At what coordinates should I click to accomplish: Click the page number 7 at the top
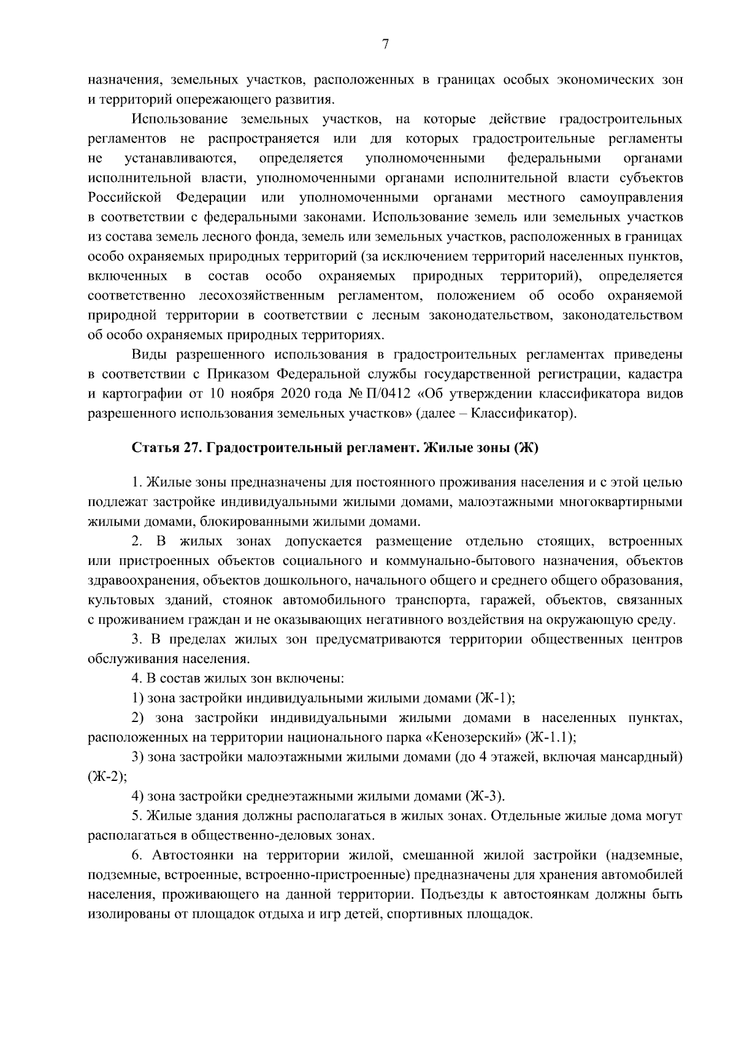coord(385,44)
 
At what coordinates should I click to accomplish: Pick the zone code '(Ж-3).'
coord(486,796)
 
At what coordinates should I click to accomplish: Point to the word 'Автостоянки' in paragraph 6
coord(188,855)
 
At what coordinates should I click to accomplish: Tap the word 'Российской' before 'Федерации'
coord(125,198)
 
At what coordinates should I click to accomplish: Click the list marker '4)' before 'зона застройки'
coord(138,796)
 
